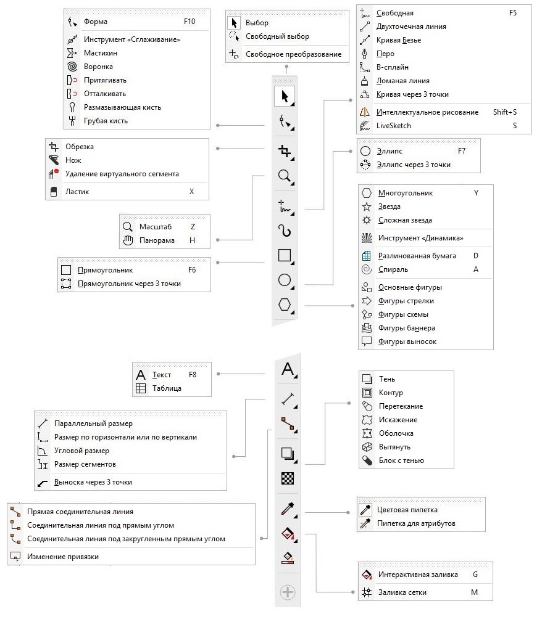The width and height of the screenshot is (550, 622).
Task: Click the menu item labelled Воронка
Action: tap(98, 67)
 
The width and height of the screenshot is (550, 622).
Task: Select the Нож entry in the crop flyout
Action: tap(73, 160)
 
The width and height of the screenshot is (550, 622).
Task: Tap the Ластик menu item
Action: tap(77, 192)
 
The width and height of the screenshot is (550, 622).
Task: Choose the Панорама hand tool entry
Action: tap(157, 240)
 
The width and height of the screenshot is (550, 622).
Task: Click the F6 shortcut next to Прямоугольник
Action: tap(191, 270)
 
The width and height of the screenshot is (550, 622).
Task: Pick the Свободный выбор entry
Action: tap(277, 36)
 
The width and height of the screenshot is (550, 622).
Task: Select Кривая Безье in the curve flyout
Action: tap(402, 40)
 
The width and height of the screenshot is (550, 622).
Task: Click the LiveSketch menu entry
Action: tap(393, 126)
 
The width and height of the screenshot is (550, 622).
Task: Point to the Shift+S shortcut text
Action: tap(504, 112)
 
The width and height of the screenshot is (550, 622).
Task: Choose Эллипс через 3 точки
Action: tap(414, 165)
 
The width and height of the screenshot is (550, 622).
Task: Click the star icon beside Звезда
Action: tap(366, 207)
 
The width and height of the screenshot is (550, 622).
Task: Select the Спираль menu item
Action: tap(393, 269)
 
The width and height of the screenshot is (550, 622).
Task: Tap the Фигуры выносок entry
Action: tap(407, 342)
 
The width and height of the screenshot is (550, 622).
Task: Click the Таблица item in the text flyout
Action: tap(167, 388)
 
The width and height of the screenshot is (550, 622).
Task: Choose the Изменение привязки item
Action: tap(62, 557)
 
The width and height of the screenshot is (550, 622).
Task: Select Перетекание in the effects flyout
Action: tap(401, 406)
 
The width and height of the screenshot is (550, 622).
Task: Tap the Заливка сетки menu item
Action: tap(402, 592)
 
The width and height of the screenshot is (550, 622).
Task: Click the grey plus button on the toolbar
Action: tap(288, 592)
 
